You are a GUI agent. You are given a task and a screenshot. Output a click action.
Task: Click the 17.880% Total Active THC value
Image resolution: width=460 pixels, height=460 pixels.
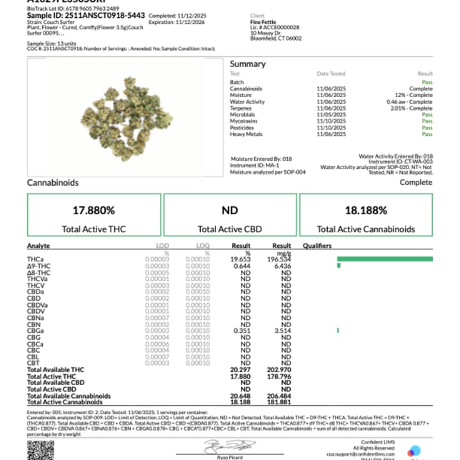tap(94, 211)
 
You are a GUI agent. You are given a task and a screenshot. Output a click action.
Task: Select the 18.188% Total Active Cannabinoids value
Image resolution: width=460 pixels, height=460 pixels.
tap(366, 211)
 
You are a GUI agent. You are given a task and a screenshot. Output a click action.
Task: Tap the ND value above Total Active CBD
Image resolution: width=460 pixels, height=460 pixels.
tap(230, 211)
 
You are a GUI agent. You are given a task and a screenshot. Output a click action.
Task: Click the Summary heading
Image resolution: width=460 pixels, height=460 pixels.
tap(247, 64)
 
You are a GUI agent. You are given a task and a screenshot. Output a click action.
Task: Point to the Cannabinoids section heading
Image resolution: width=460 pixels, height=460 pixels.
tap(53, 183)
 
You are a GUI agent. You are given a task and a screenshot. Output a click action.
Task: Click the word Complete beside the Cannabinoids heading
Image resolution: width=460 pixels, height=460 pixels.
tap(416, 183)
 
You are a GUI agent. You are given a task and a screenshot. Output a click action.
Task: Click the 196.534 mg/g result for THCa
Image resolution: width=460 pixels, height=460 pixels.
tap(279, 259)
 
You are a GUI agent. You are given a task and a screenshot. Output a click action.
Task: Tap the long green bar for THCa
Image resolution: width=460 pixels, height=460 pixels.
tap(384, 259)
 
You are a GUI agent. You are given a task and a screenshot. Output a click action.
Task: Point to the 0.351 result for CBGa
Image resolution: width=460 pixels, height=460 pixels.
tap(243, 331)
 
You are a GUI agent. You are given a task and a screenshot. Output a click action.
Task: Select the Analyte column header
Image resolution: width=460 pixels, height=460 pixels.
tap(39, 246)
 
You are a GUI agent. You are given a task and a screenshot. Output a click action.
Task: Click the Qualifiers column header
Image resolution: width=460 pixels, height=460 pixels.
tap(317, 246)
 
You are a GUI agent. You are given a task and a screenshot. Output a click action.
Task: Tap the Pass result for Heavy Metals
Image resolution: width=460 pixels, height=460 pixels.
tap(427, 134)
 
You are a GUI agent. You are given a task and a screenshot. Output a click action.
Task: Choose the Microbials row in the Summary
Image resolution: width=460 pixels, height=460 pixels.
tap(244, 114)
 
